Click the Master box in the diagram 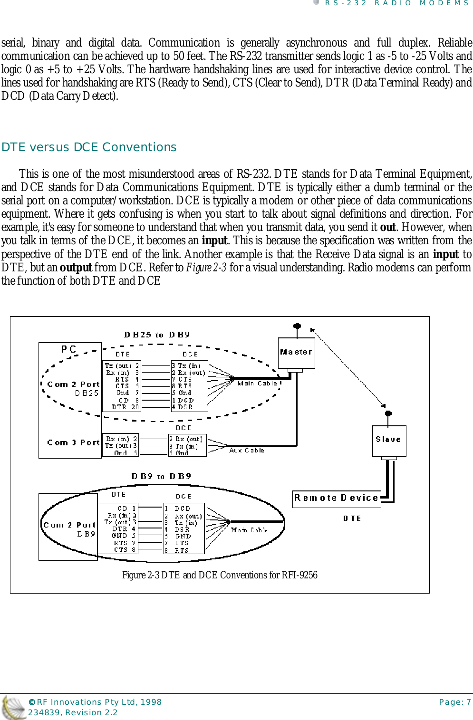coord(296,352)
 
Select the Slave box coord(388,440)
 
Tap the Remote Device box coord(336,498)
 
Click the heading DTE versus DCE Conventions coord(89,147)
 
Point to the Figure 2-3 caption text coord(220,575)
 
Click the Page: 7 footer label coord(454,702)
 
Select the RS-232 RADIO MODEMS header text coord(396,3)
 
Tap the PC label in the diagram coord(68,349)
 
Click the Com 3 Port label coord(73,442)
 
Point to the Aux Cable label coord(246,450)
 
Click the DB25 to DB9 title coord(157,335)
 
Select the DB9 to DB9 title coord(161,476)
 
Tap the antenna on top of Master coord(297,327)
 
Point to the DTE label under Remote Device coord(352,518)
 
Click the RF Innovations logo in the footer coord(13,707)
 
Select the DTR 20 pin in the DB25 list coord(125,407)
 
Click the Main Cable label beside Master coord(257,383)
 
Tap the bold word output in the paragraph coord(76,268)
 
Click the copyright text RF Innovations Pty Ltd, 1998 coord(95,702)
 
